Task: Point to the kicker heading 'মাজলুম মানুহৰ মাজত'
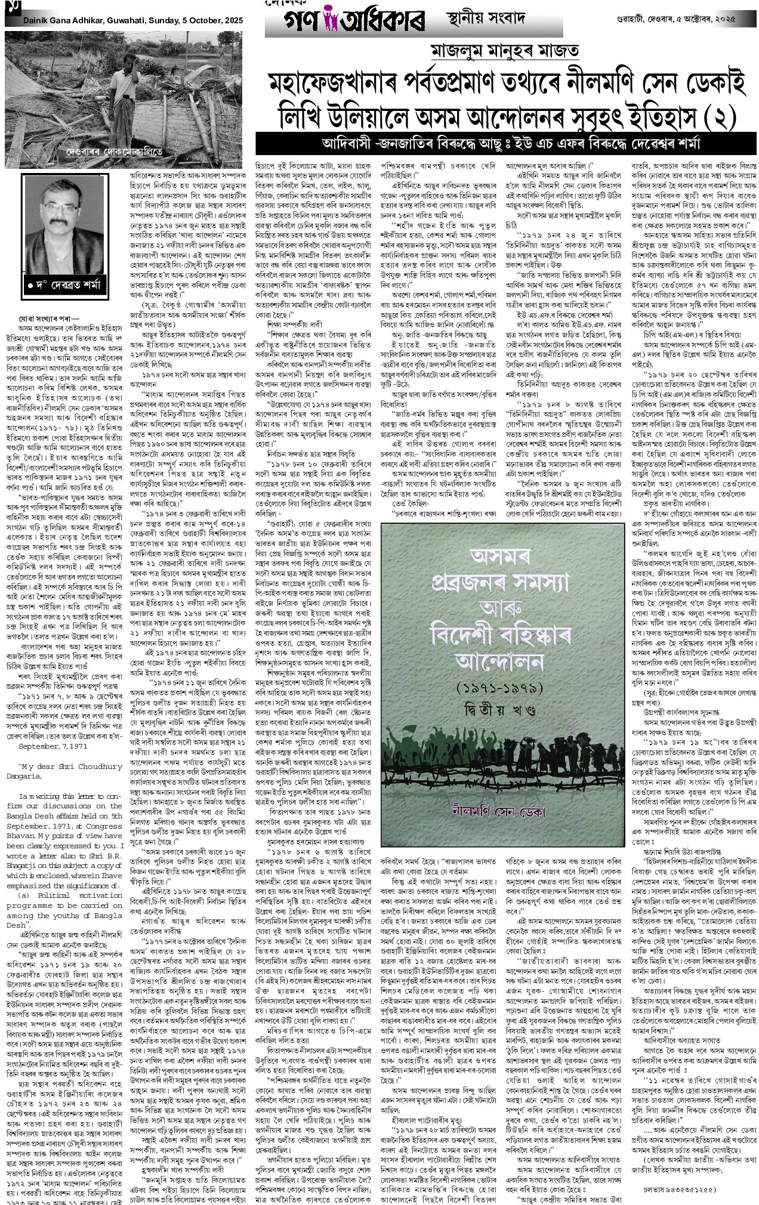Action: (502, 51)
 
